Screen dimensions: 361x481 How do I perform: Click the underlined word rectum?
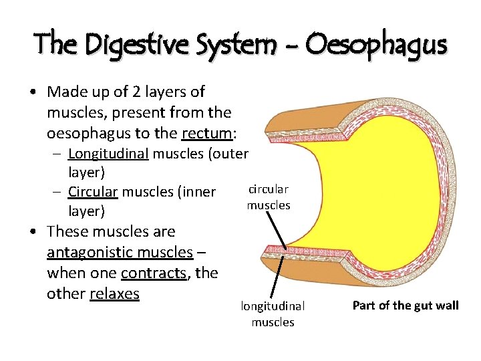point(206,134)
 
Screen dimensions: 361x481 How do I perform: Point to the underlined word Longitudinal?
point(109,154)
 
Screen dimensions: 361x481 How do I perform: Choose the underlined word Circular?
point(93,193)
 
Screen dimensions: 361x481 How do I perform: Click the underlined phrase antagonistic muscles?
point(120,252)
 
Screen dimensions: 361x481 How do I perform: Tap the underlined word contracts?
point(154,273)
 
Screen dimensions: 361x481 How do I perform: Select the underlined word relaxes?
point(114,293)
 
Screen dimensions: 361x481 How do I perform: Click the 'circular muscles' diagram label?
point(268,197)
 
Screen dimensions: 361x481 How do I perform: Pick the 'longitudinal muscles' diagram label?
point(273,314)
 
